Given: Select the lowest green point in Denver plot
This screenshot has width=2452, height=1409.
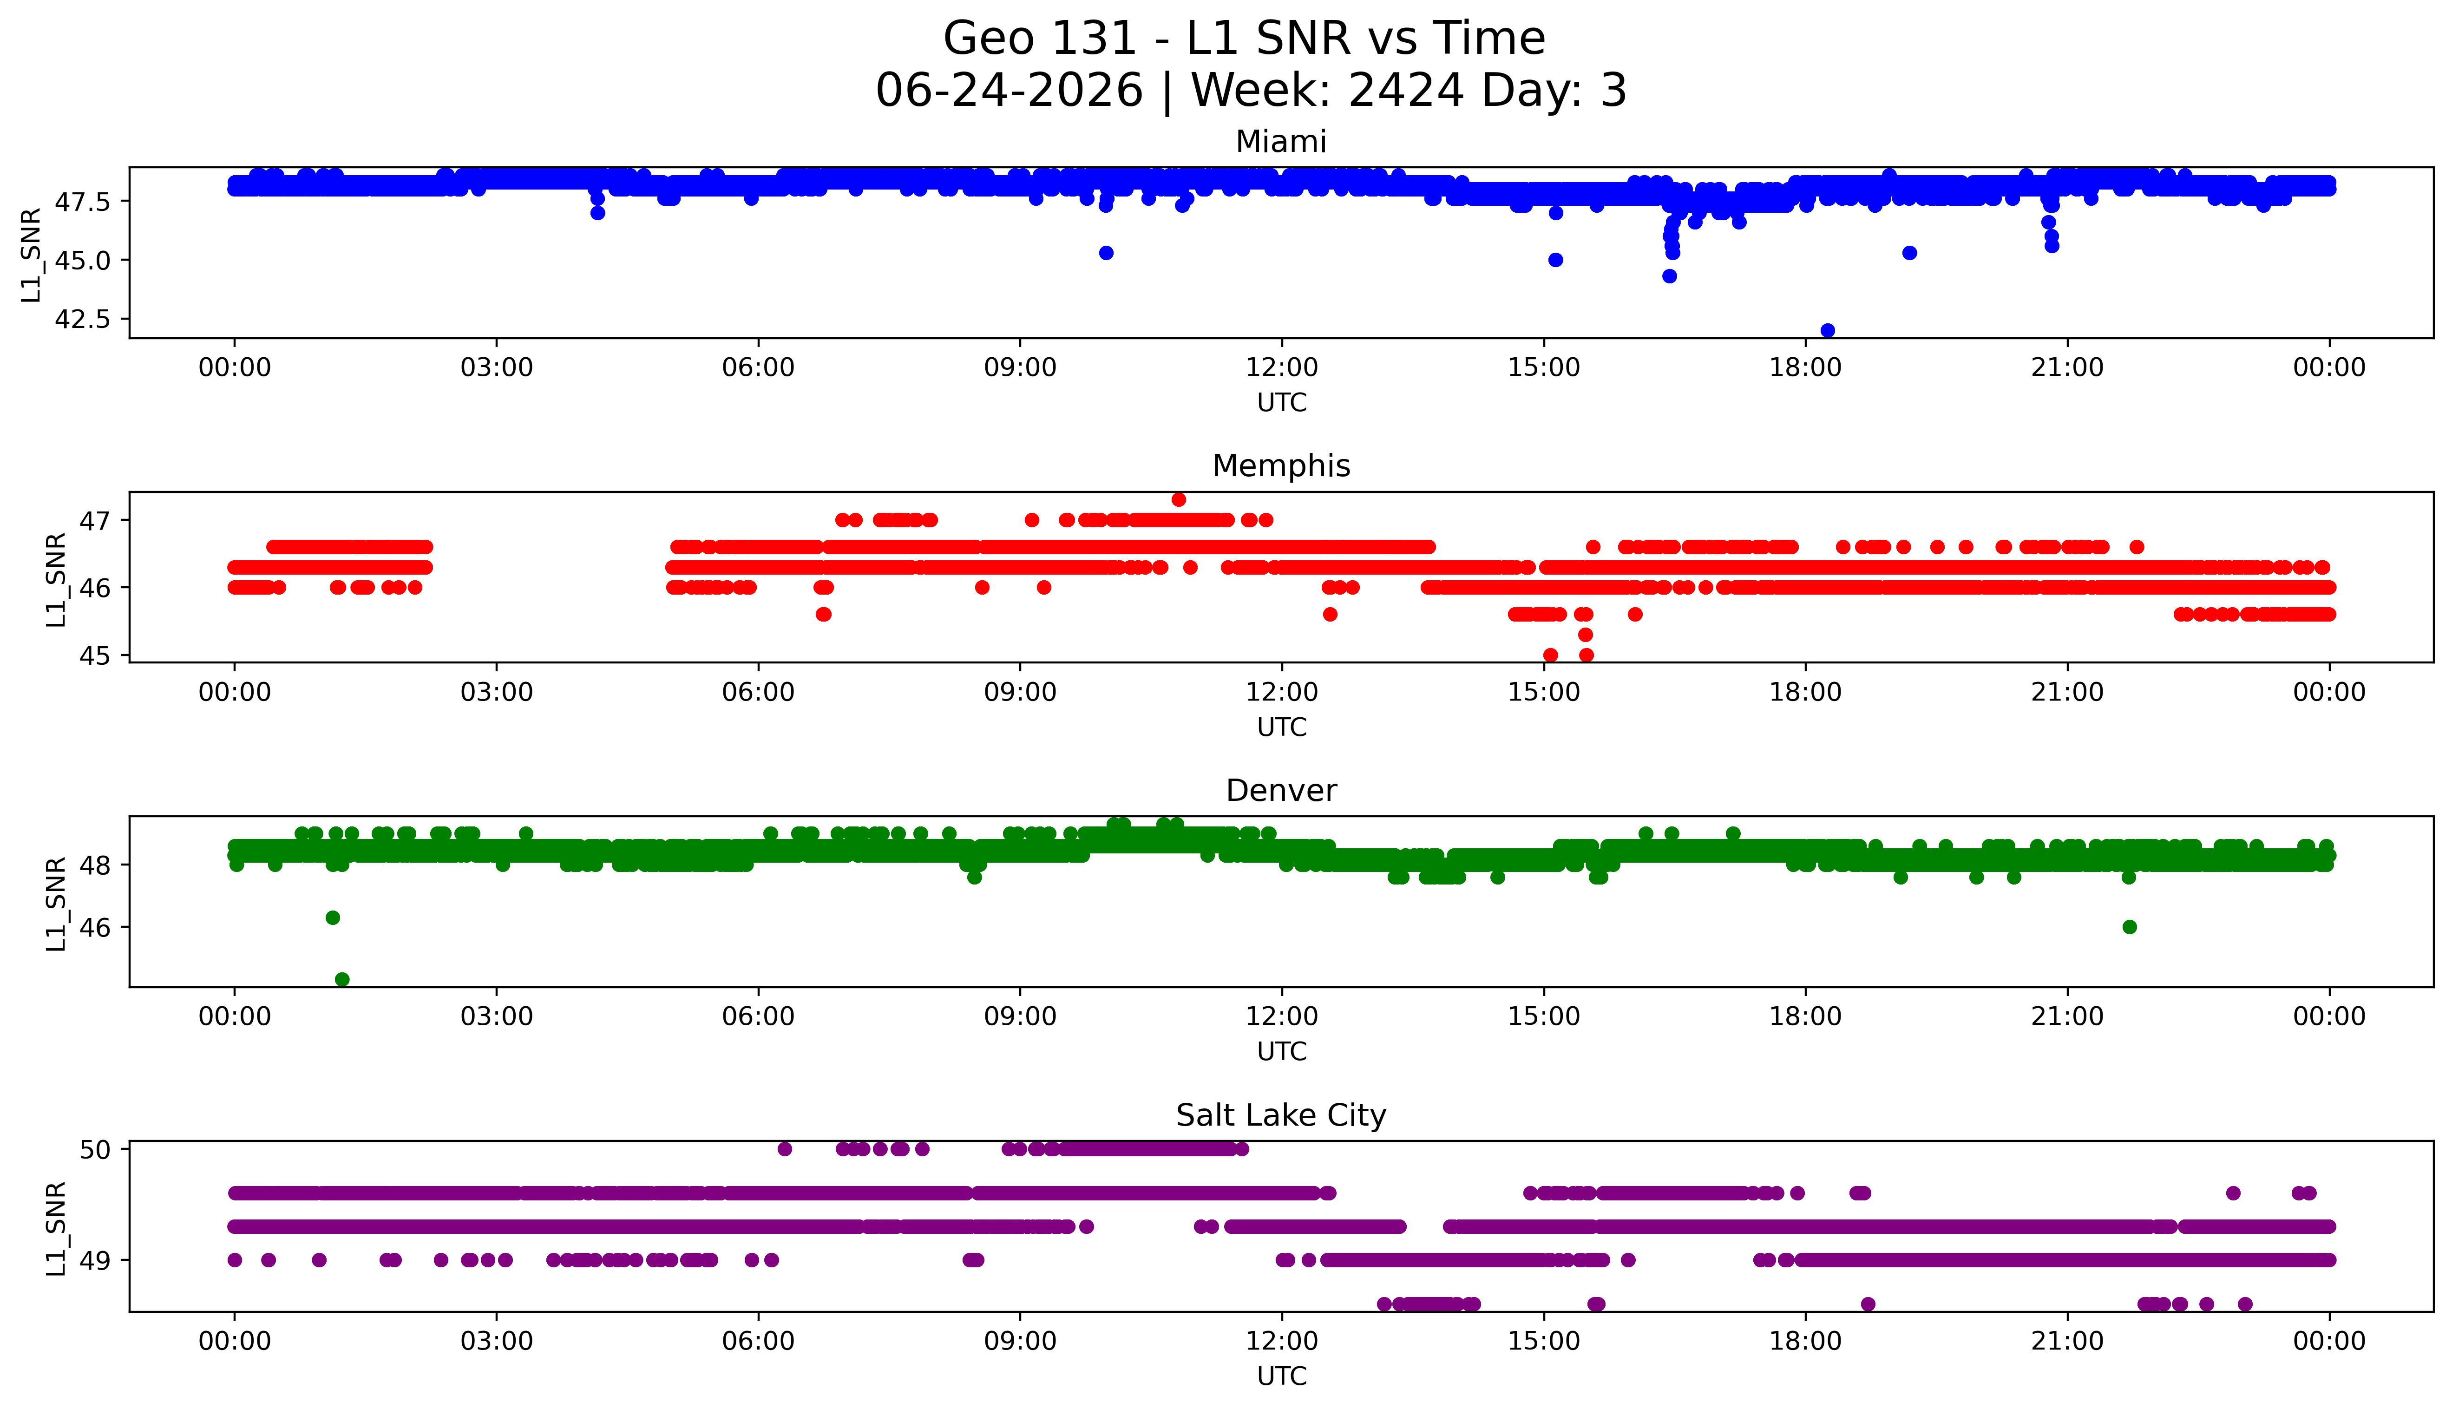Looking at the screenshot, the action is (341, 979).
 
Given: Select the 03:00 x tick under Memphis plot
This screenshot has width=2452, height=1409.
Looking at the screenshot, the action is (497, 692).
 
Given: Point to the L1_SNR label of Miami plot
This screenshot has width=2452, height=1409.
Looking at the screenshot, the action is (32, 254).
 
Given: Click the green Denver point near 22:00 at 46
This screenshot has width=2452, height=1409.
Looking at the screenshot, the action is (2129, 927).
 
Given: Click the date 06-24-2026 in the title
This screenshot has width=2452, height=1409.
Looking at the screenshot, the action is (1009, 91).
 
